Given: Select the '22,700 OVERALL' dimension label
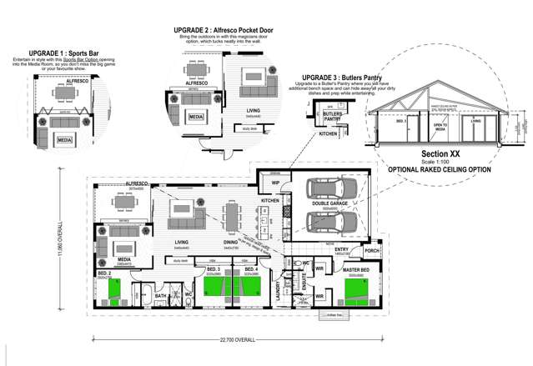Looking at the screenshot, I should click(x=238, y=340).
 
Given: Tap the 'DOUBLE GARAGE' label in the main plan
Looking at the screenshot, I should click(x=331, y=203).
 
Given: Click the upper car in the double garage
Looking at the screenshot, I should click(x=331, y=189).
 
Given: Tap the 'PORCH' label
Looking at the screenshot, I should click(x=371, y=250).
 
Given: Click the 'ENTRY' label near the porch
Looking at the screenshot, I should click(x=342, y=248).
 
